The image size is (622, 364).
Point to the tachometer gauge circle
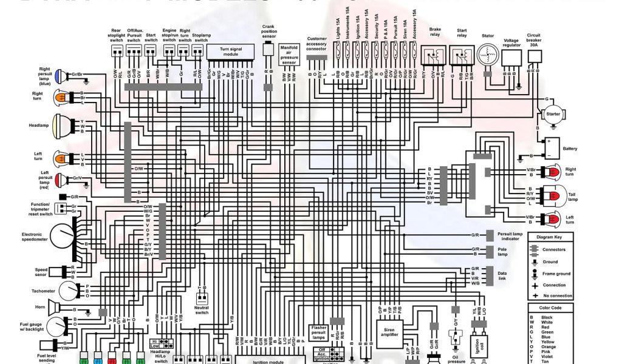(67, 291)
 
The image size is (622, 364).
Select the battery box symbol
(553, 147)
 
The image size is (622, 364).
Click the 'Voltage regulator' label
(512, 43)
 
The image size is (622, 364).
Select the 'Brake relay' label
(435, 32)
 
